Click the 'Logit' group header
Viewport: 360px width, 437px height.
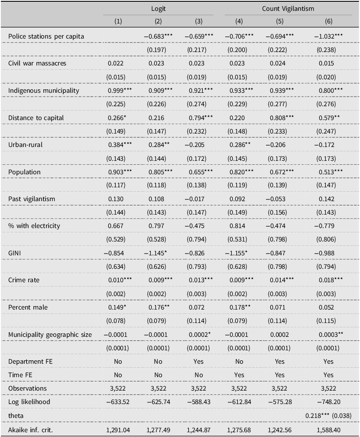pyautogui.click(x=158, y=8)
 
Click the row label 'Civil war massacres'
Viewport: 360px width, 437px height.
pyautogui.click(x=33, y=63)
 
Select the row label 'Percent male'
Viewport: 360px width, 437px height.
pyautogui.click(x=26, y=307)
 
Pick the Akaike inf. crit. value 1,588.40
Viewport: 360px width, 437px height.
pyautogui.click(x=328, y=429)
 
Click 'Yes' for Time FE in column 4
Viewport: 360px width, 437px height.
pyautogui.click(x=239, y=375)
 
